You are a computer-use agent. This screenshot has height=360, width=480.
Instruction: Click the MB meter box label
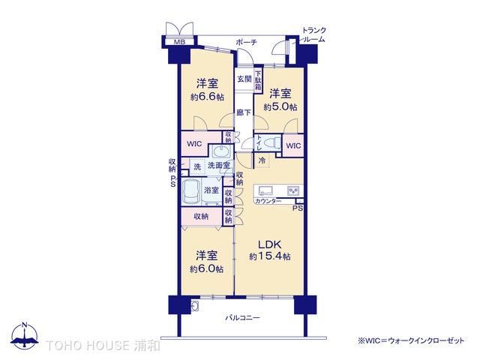click(x=180, y=42)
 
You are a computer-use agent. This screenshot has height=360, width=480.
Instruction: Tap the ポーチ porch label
click(x=246, y=43)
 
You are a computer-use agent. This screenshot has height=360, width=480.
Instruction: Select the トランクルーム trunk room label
click(x=313, y=35)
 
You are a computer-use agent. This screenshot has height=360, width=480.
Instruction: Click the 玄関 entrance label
click(x=244, y=79)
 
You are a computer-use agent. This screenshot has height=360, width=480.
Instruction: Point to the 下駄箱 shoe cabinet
click(x=259, y=80)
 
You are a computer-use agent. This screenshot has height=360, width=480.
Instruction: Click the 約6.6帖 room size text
click(x=207, y=97)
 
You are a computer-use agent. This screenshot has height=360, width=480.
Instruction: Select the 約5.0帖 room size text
click(x=280, y=106)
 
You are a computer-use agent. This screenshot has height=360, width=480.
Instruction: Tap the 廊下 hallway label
click(x=244, y=112)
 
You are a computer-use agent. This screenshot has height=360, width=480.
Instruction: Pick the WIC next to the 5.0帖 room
click(x=293, y=145)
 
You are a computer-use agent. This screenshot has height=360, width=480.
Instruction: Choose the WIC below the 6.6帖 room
click(x=194, y=143)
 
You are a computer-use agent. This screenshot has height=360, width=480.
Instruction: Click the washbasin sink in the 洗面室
click(x=220, y=151)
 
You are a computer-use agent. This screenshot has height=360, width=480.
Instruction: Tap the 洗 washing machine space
click(x=197, y=166)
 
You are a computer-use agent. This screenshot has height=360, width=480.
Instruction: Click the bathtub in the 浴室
click(x=191, y=192)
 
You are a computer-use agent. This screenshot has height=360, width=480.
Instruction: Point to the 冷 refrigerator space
click(x=262, y=160)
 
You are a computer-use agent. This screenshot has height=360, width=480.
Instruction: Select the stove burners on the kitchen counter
click(x=293, y=190)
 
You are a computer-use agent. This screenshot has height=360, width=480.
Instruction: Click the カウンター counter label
click(x=268, y=201)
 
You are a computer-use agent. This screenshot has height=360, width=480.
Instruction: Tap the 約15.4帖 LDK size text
click(x=270, y=256)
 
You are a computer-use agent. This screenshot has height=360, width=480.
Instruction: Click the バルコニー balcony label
click(x=242, y=318)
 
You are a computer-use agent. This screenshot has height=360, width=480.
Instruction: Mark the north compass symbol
click(x=25, y=336)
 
